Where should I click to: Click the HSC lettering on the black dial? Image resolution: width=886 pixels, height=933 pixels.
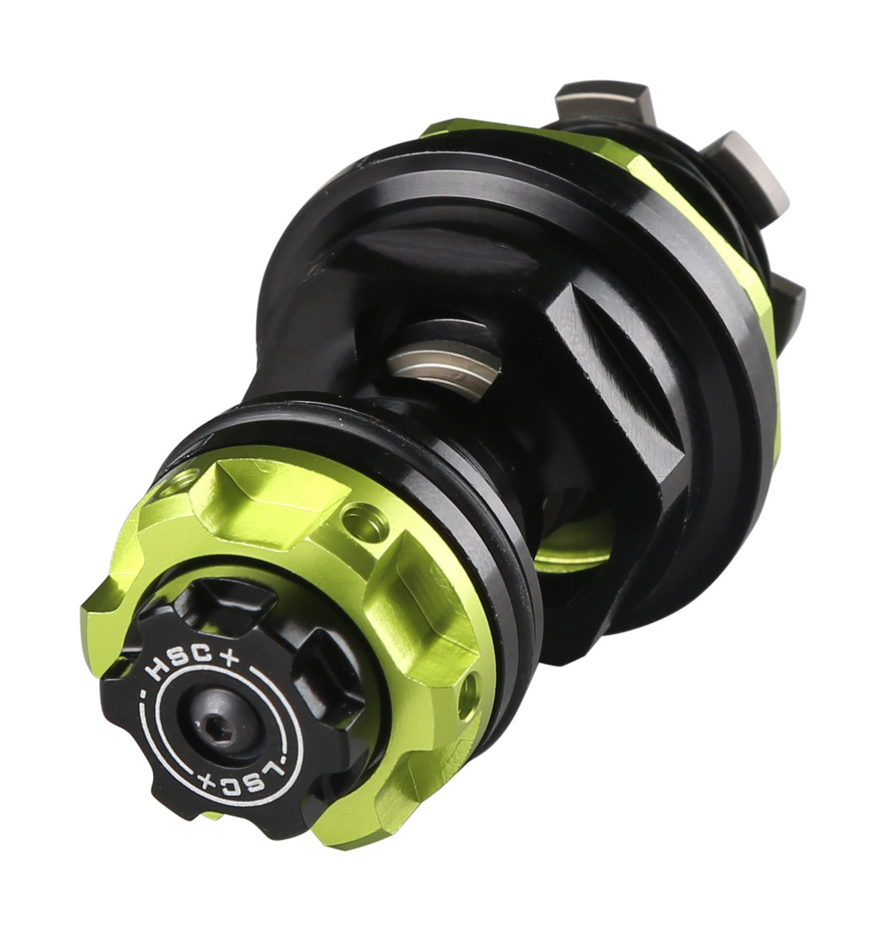[178, 662]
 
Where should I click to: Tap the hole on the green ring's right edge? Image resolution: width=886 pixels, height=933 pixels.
[470, 690]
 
